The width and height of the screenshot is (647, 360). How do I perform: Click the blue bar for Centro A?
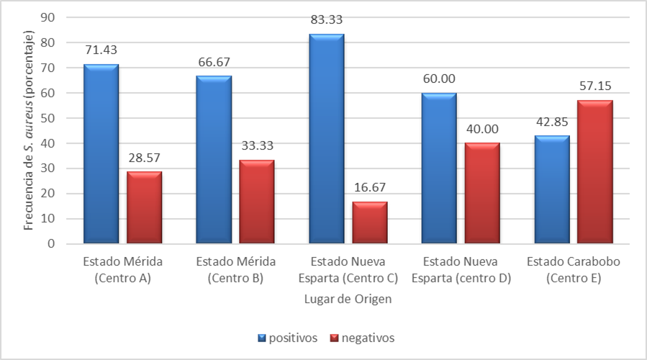101,154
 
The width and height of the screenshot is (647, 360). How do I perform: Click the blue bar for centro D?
439,168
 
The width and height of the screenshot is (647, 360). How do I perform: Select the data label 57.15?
594,86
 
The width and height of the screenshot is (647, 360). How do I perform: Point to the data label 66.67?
214,61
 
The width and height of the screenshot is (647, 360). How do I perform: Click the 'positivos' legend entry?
288,338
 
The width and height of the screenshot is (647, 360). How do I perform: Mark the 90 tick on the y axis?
49,17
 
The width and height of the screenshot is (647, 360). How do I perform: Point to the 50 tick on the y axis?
49,118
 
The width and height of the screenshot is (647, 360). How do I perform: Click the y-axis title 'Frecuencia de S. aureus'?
29,130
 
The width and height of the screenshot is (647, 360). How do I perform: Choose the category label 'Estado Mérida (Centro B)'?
235,270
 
